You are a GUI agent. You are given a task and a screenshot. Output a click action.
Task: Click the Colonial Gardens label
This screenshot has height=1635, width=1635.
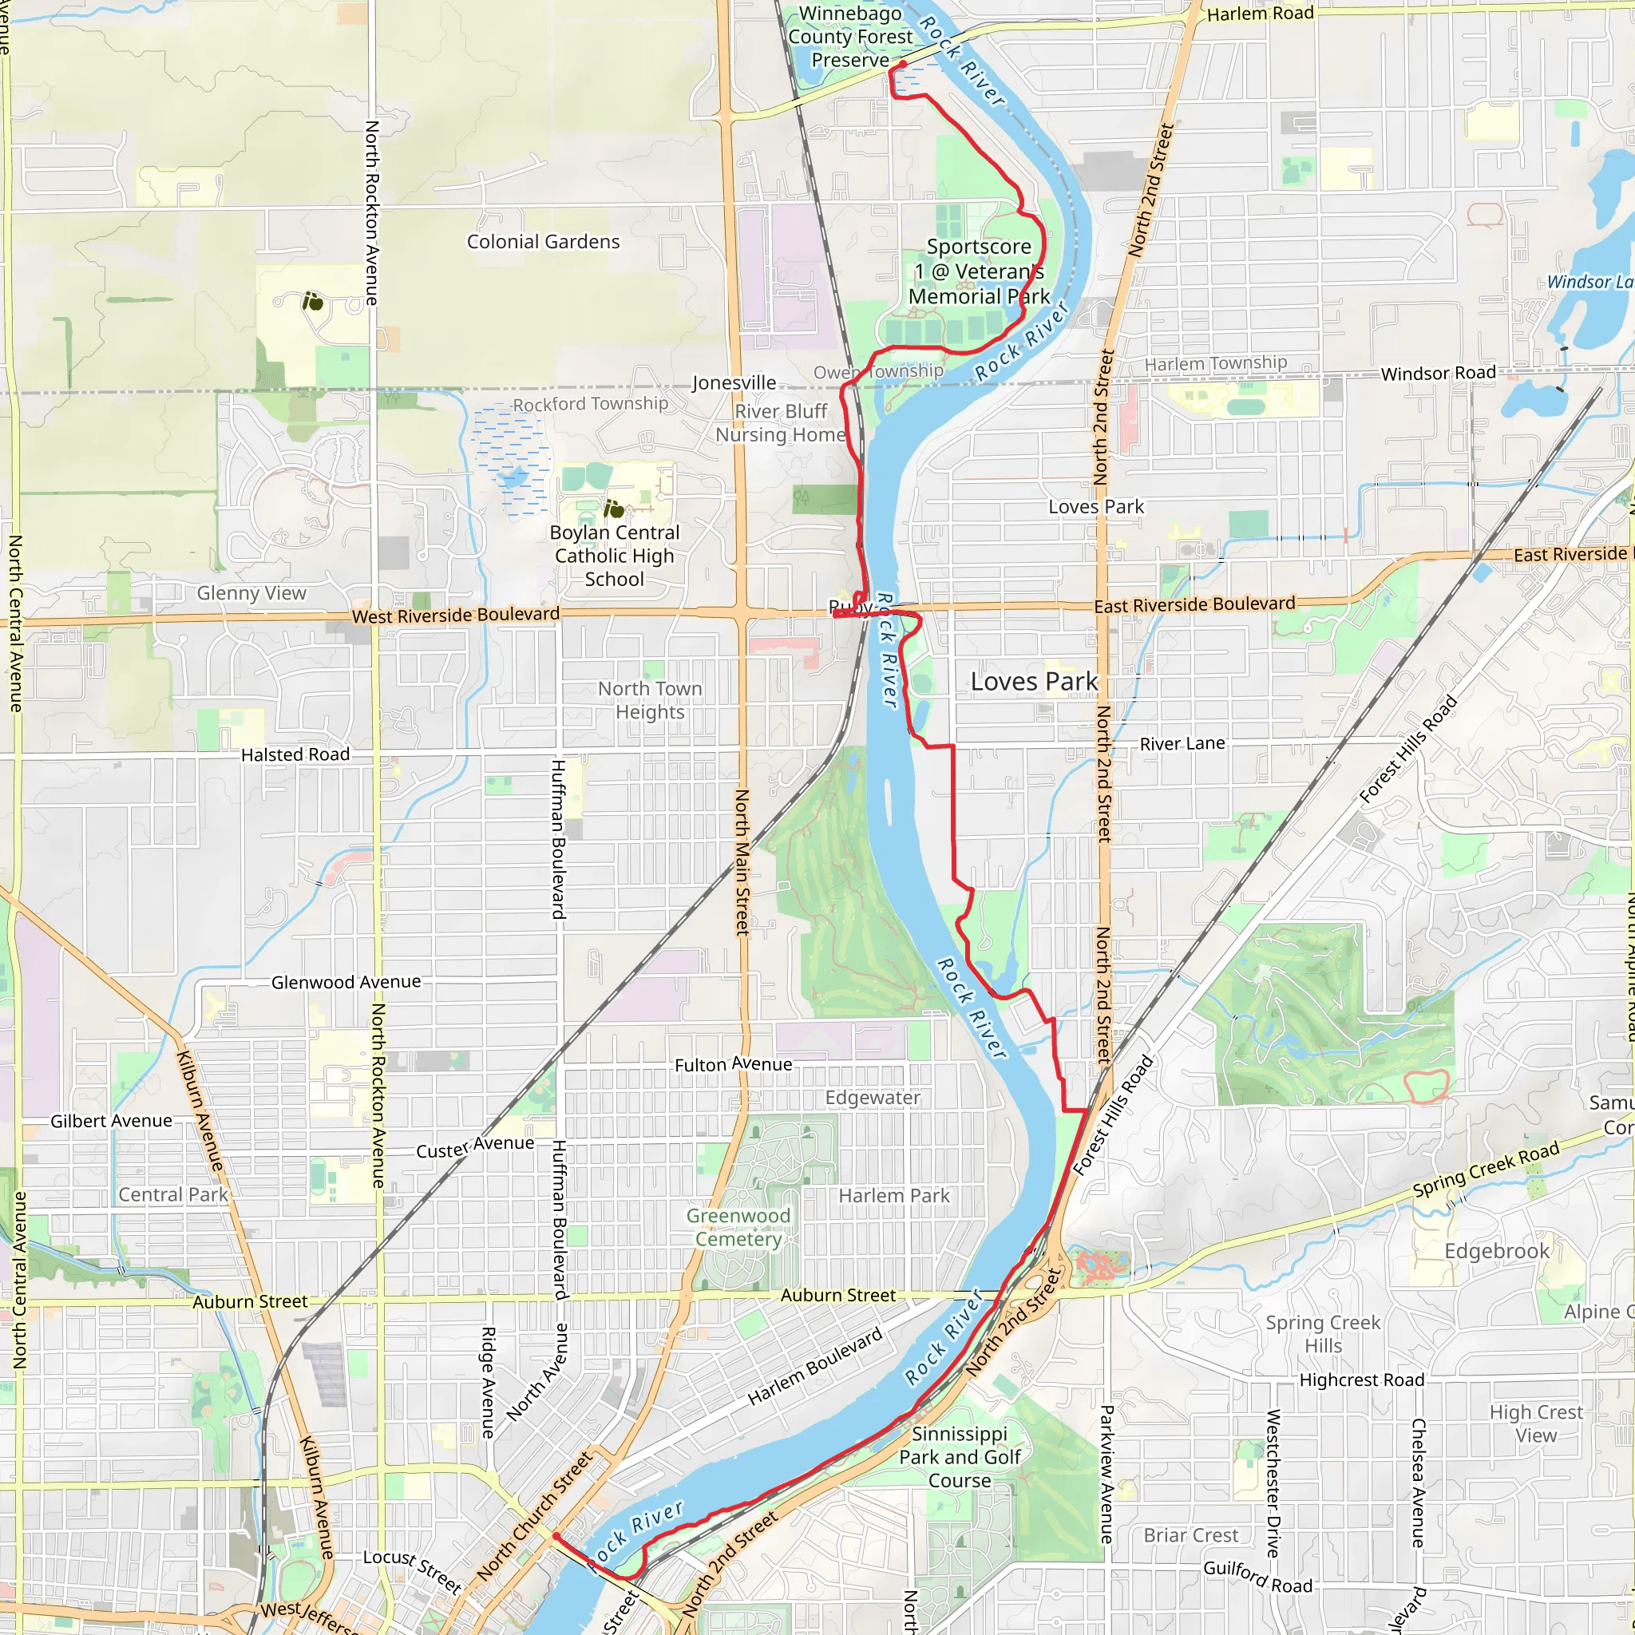(544, 242)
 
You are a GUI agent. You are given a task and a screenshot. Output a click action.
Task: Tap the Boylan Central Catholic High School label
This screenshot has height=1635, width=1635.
(615, 556)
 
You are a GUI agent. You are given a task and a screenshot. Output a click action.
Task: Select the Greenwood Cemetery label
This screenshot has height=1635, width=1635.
(738, 1227)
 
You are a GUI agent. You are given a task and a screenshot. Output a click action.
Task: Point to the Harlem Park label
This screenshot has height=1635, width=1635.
(893, 1196)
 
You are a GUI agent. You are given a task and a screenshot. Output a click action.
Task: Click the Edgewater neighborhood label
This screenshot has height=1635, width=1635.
(873, 1098)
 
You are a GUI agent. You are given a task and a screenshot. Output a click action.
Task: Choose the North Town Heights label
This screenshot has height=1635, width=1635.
(650, 701)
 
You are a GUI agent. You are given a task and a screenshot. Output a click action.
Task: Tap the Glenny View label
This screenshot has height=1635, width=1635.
(251, 593)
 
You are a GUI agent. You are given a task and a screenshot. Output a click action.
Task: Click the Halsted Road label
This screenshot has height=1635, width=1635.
(295, 755)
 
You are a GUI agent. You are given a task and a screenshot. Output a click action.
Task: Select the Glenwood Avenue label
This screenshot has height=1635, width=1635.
(346, 982)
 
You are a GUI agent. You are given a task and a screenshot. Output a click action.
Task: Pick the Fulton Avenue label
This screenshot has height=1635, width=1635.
(733, 1065)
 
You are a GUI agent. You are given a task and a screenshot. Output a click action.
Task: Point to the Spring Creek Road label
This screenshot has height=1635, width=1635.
(1485, 1170)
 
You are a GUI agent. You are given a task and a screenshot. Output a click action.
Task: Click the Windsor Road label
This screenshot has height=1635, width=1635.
(1438, 373)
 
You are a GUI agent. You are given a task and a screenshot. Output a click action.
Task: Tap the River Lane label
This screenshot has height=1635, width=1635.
(1182, 744)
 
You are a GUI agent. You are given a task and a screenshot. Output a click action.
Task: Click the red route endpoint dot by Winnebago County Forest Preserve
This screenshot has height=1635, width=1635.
(903, 65)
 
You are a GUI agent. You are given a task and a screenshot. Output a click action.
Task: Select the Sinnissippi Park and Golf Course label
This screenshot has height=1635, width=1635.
(960, 1457)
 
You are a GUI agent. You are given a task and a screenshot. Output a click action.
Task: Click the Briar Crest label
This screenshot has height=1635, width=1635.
(1190, 1535)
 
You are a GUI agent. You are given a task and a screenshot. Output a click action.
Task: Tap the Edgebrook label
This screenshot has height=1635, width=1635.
(1497, 1251)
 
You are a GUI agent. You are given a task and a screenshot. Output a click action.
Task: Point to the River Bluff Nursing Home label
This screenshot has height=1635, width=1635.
(780, 423)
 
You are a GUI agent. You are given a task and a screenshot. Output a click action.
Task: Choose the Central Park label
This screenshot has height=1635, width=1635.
(172, 1195)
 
